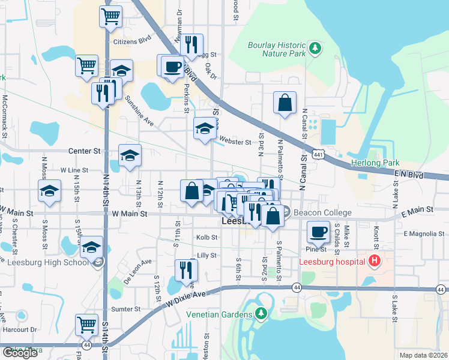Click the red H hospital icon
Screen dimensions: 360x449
click(374, 261)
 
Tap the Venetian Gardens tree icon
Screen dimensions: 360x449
click(261, 314)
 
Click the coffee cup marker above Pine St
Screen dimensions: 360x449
click(318, 230)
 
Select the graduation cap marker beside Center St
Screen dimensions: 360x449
click(130, 155)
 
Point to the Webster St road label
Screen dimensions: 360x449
click(235, 142)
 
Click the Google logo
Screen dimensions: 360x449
click(20, 353)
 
